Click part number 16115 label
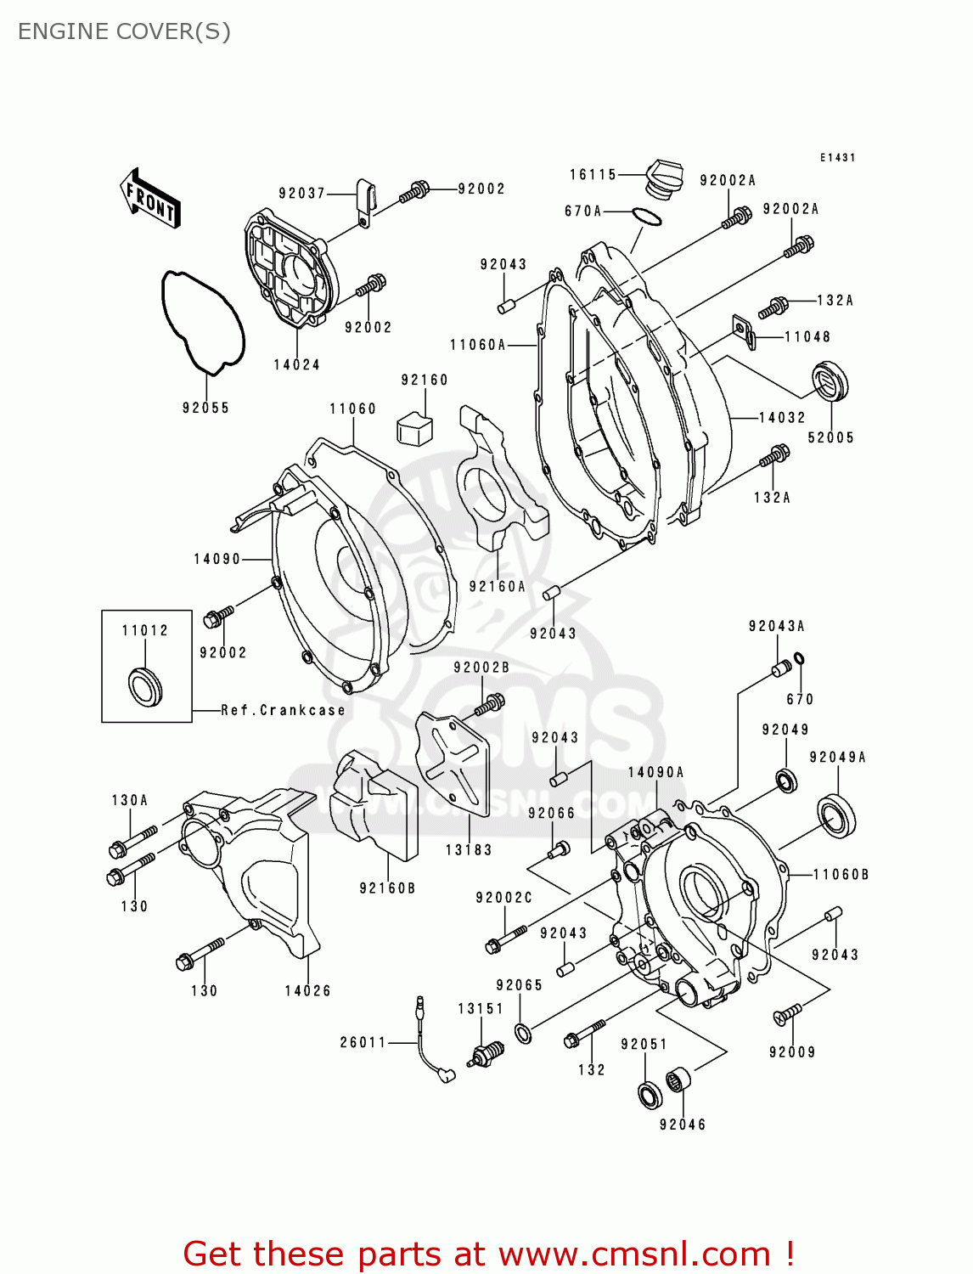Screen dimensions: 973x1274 point(593,174)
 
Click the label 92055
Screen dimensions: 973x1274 point(205,408)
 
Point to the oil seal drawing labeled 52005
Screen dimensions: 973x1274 point(830,381)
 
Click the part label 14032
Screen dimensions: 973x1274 point(781,417)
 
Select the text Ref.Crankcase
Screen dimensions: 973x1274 point(283,710)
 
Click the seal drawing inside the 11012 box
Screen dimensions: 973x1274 point(144,686)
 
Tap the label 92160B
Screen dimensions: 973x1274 point(387,888)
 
